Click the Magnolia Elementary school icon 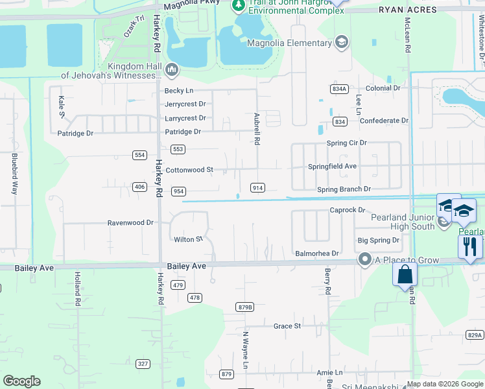[342, 43]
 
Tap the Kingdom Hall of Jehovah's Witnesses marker [172, 69]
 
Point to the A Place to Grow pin [364, 260]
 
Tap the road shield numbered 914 [257, 188]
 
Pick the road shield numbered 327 [143, 364]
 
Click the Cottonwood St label [189, 170]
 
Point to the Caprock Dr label [348, 210]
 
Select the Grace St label [287, 326]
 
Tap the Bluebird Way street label [14, 173]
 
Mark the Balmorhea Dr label [316, 253]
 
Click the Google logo [21, 381]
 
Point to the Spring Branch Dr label [344, 189]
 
